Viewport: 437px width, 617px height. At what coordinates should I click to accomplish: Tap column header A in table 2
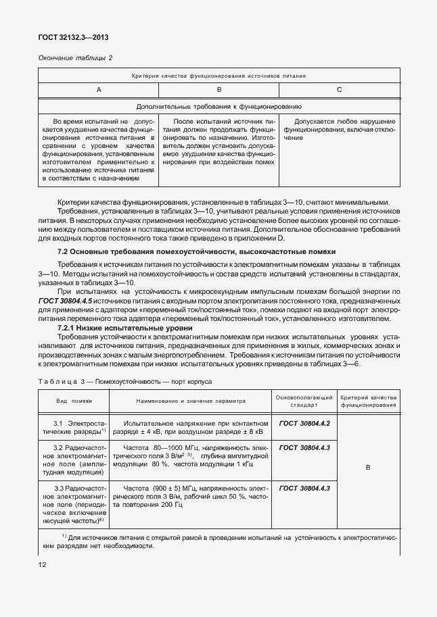point(99,89)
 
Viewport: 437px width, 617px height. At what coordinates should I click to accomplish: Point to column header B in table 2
point(218,89)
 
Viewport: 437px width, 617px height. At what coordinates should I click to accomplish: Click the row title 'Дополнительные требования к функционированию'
point(218,107)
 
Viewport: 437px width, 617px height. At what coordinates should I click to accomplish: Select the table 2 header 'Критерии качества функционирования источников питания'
point(218,76)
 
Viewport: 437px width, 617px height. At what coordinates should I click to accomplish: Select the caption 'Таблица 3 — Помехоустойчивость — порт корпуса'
point(125,381)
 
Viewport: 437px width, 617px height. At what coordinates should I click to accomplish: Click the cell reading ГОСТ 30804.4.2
point(304,423)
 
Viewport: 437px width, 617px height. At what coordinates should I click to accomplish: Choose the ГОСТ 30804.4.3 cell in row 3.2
point(304,447)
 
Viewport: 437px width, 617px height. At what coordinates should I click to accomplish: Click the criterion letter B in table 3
point(367,467)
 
